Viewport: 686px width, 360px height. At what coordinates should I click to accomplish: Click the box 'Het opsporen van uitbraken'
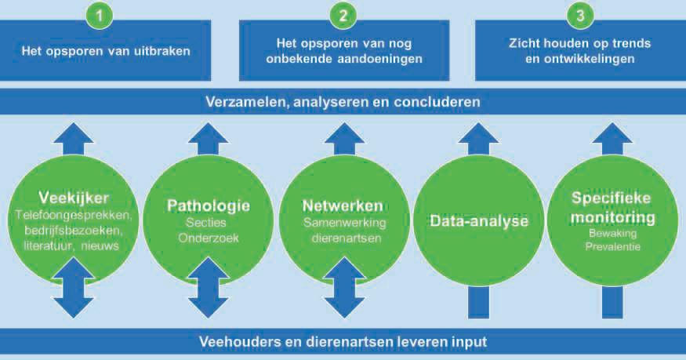coord(107,53)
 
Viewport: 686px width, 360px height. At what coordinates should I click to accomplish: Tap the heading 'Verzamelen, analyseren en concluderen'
coord(343,102)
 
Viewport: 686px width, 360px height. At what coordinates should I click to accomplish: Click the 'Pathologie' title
coord(209,206)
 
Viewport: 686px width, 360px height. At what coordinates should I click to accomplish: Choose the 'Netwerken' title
coord(343,206)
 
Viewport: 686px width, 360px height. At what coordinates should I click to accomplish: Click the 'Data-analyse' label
coord(479,221)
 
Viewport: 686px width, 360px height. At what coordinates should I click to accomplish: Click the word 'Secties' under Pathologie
coord(208,224)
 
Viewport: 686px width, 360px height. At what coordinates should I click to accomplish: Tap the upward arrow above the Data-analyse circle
coord(478,140)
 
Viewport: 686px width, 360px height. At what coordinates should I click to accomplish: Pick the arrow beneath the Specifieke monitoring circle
coord(614,298)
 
